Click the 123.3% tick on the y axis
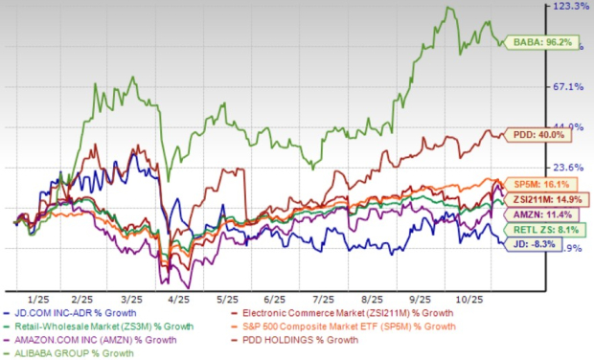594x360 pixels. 567,7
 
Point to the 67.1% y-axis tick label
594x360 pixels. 567,87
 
